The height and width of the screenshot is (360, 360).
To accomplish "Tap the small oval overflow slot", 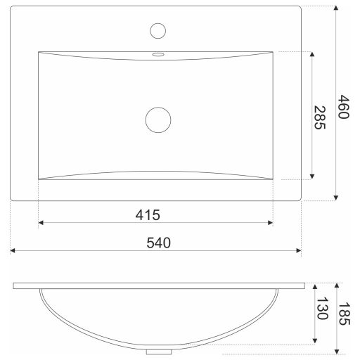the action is (158, 55).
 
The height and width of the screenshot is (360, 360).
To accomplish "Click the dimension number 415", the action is (148, 215).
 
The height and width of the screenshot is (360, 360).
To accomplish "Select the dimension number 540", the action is (158, 243).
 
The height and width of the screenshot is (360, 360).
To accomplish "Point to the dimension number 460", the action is (344, 107).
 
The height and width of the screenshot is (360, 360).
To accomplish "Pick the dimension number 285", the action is (320, 117).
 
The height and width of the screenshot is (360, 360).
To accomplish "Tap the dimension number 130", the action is (323, 309).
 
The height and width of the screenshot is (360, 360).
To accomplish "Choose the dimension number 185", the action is (345, 314).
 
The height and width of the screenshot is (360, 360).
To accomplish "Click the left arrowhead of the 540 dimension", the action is (13, 250).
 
